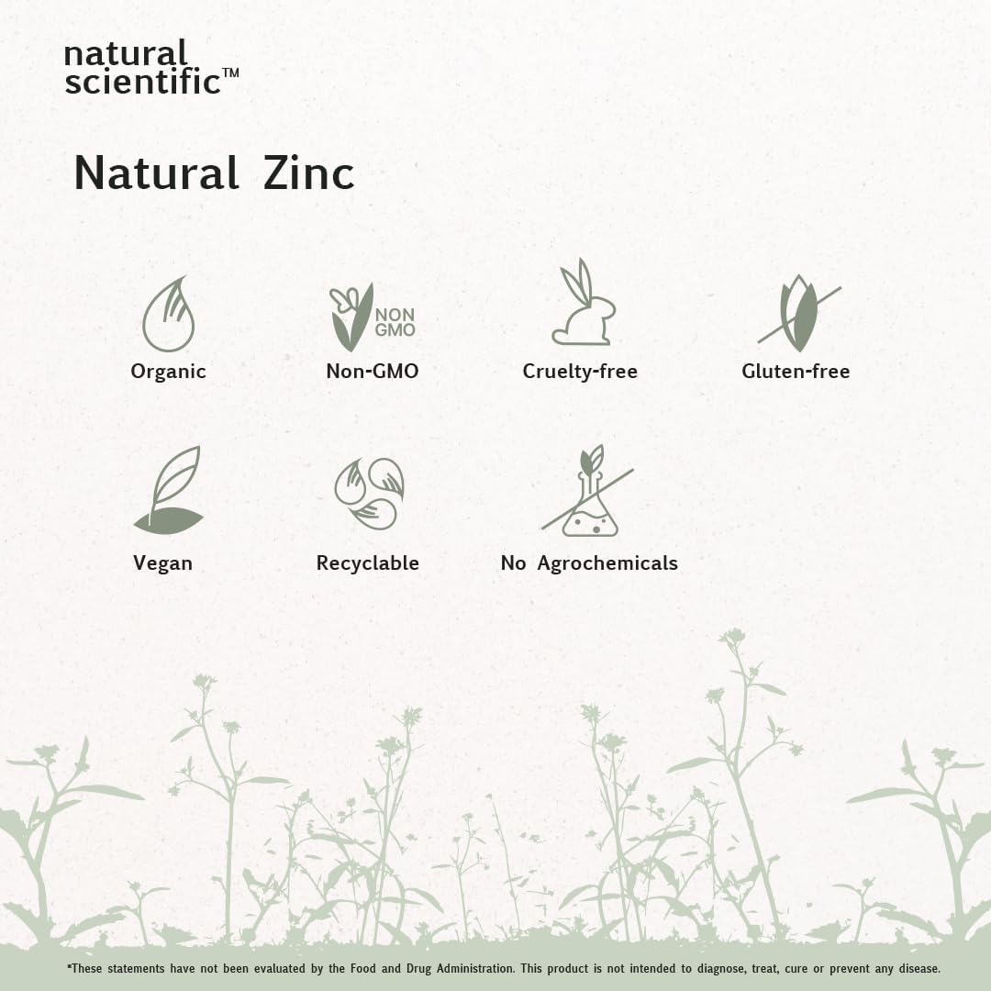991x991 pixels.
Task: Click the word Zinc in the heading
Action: tap(308, 173)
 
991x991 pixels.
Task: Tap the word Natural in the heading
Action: tap(156, 173)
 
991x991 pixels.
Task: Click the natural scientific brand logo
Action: tap(151, 68)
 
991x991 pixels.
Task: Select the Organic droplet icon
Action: tap(168, 314)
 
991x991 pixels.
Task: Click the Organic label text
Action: tap(168, 372)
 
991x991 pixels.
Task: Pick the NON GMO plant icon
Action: tap(373, 317)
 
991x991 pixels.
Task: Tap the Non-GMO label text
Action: tap(373, 371)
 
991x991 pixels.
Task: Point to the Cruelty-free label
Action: tap(580, 371)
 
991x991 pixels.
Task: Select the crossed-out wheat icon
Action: tap(799, 314)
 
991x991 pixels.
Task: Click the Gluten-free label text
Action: tap(796, 371)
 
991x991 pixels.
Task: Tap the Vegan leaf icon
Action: tap(168, 490)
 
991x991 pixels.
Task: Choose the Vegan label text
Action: tap(162, 563)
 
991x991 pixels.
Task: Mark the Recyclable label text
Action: tap(367, 563)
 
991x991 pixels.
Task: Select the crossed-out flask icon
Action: tap(588, 491)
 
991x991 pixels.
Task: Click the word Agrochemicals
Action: tap(607, 563)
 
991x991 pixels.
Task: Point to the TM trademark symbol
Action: tap(231, 72)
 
